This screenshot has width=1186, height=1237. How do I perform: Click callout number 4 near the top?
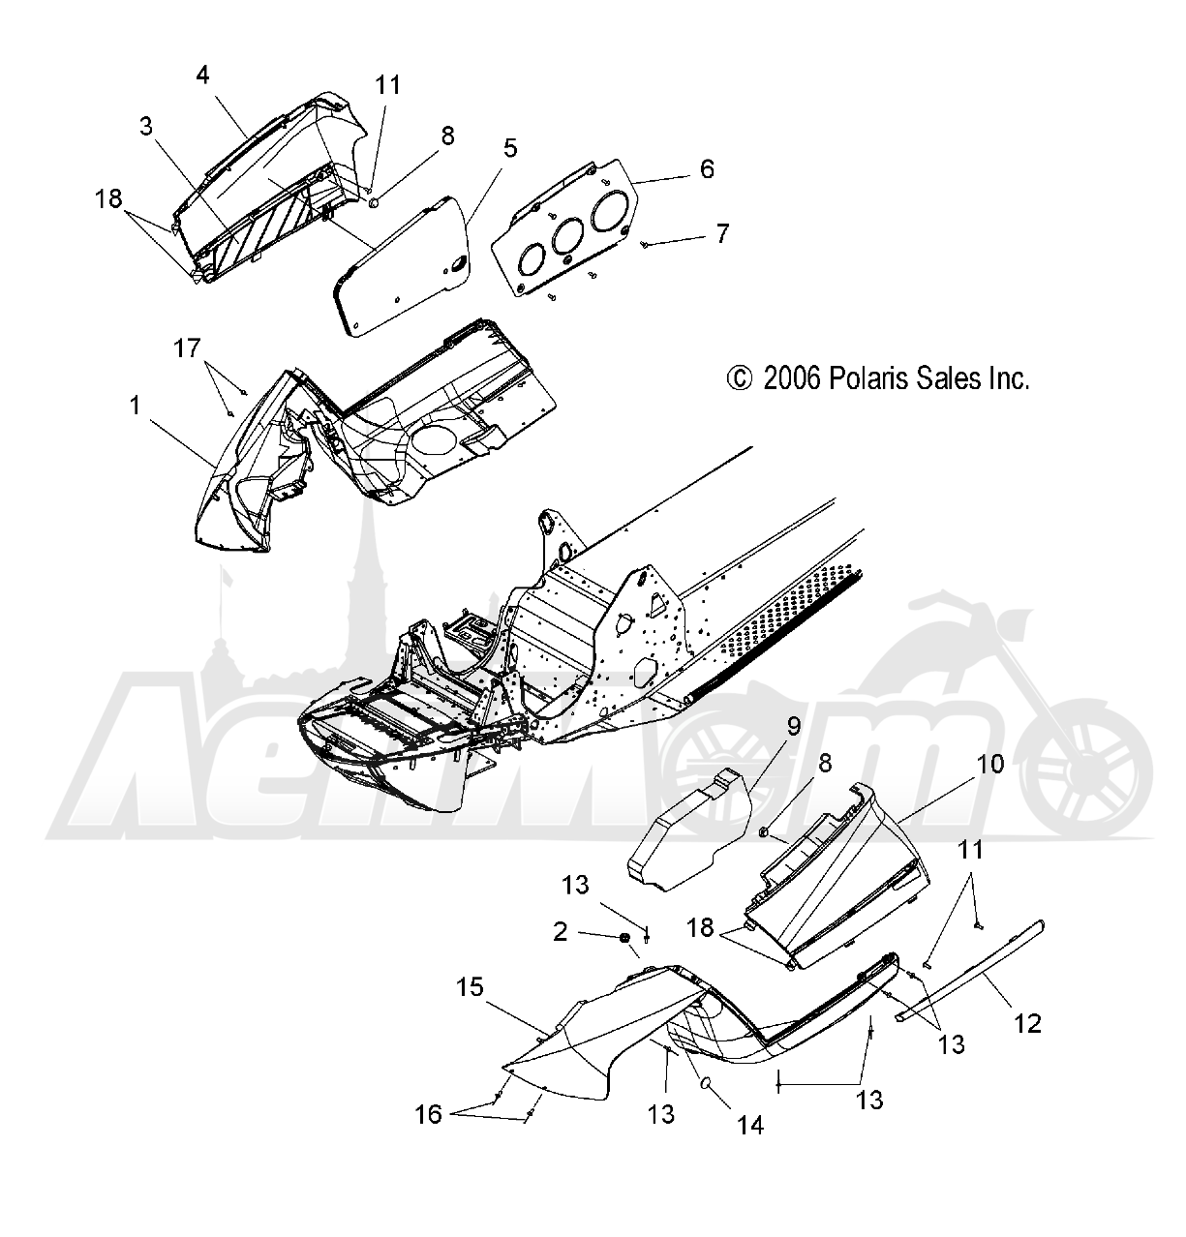tap(202, 75)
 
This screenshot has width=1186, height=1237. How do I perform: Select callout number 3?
tap(146, 127)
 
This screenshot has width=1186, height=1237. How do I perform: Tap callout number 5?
tap(510, 148)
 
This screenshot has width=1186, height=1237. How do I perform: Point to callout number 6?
tap(707, 169)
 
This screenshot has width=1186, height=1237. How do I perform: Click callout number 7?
tap(722, 234)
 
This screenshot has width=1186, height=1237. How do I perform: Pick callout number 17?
tap(187, 348)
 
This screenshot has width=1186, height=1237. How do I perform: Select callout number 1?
tap(135, 406)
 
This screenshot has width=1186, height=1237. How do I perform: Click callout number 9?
tap(794, 726)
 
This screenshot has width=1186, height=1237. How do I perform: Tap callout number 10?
tap(989, 764)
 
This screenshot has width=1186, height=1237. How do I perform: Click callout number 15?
tap(470, 987)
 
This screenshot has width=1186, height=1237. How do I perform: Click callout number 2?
tap(560, 932)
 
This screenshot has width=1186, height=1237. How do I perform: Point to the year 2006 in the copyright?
tap(792, 379)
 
